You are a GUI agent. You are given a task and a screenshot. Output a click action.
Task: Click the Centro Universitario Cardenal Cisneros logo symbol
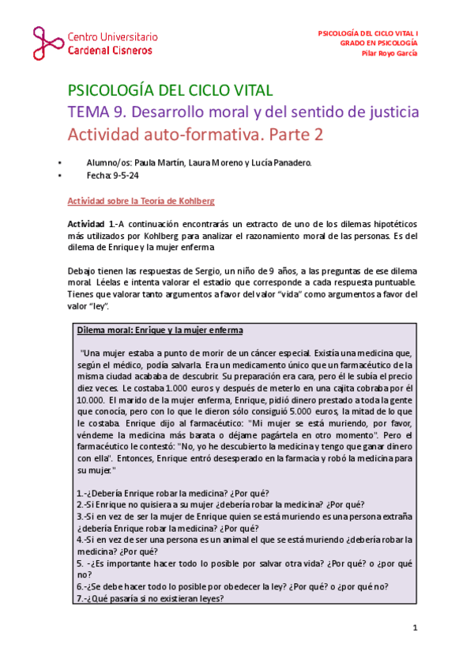click(x=49, y=44)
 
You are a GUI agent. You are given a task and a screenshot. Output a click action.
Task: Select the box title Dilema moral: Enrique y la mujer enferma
click(x=159, y=330)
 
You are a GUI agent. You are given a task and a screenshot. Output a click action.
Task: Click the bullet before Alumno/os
click(x=60, y=163)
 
